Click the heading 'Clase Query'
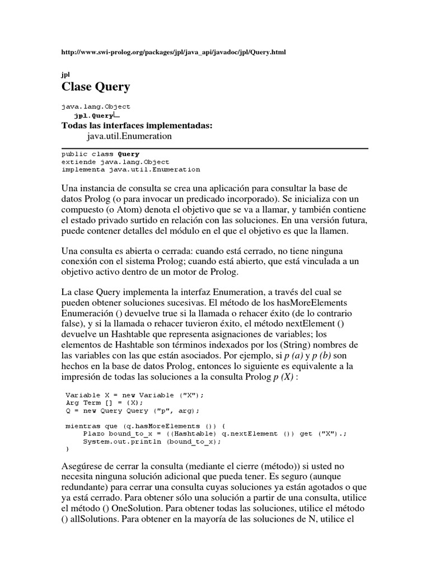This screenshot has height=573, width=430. click(95, 86)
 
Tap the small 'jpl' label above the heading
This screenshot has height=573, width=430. click(64, 74)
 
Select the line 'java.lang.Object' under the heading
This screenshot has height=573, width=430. click(96, 106)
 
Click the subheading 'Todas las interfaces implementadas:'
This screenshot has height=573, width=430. click(137, 125)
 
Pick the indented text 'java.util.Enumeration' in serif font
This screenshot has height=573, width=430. click(129, 136)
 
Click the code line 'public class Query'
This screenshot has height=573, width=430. click(100, 154)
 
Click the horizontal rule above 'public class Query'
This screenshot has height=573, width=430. click(214, 148)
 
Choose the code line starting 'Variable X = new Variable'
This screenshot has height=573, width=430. click(135, 394)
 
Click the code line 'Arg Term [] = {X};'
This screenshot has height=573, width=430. click(104, 402)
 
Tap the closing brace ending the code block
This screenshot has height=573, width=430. click(68, 449)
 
